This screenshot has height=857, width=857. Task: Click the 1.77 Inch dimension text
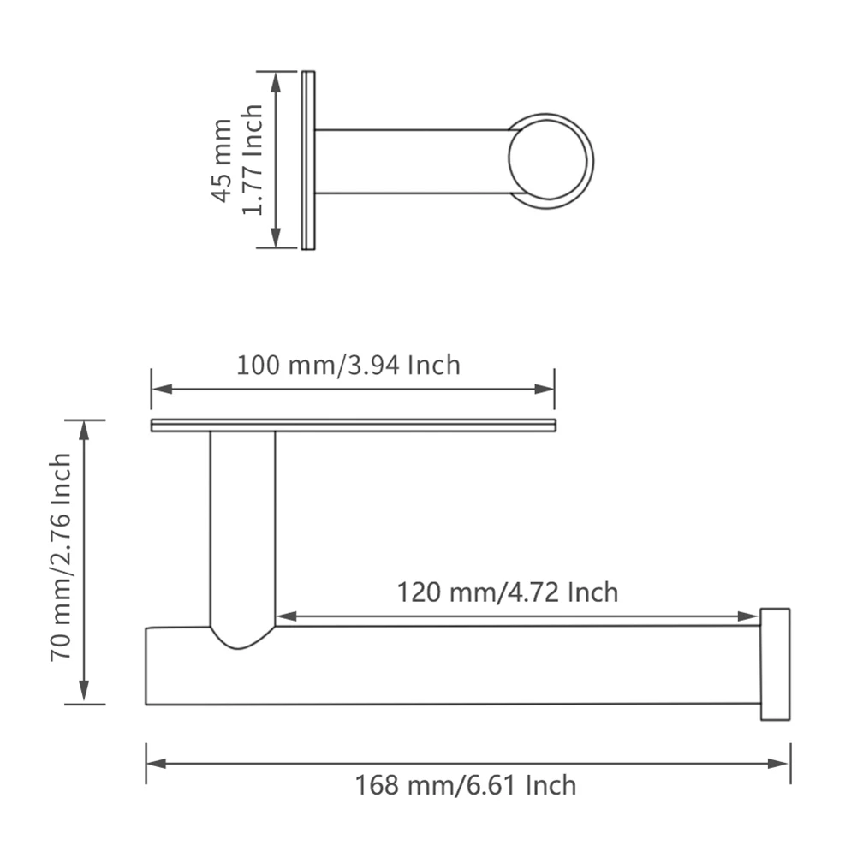point(252,160)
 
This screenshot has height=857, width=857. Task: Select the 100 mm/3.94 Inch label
point(348,366)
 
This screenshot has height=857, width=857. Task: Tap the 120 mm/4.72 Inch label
point(507,592)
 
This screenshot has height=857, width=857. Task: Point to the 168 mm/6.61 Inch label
point(466,784)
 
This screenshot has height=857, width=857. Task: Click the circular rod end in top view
point(551,161)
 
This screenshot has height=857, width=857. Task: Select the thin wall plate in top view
point(309,160)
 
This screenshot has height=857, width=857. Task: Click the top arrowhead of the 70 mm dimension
point(84,428)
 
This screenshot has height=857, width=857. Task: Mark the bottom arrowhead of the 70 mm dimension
point(84,695)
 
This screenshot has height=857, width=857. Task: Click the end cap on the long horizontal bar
point(775,664)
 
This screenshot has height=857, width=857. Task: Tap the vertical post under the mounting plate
point(242,531)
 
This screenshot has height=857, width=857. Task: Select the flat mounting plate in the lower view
point(353,426)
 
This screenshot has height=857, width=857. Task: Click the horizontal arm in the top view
point(411,161)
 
